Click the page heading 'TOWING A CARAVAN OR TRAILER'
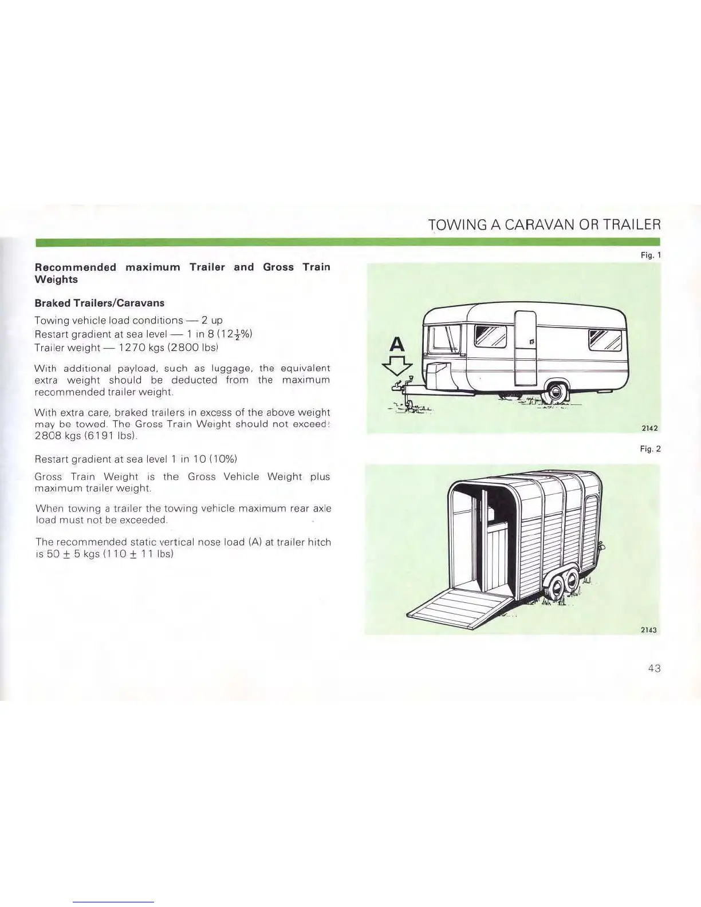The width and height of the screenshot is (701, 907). coord(544,224)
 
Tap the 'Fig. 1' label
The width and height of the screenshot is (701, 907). coord(651,255)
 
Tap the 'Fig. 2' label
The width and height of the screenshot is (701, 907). coord(651,449)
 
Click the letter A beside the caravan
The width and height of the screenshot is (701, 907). coord(396,344)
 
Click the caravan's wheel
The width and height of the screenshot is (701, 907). coord(554,392)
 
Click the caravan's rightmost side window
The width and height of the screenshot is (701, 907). coord(605,341)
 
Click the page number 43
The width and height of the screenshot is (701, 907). coord(655,668)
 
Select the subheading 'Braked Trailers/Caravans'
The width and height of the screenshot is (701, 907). coord(100,303)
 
